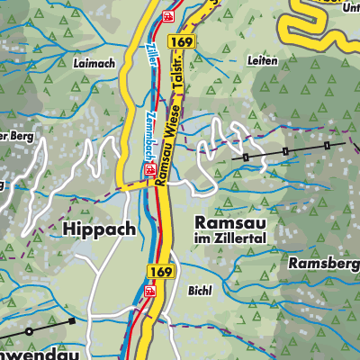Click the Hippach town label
(99, 229)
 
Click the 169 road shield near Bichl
(158, 270)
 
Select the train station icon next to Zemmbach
(149, 168)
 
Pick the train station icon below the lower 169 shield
(150, 291)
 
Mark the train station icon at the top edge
(167, 17)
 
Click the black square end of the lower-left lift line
(71, 319)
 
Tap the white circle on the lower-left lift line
(29, 331)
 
